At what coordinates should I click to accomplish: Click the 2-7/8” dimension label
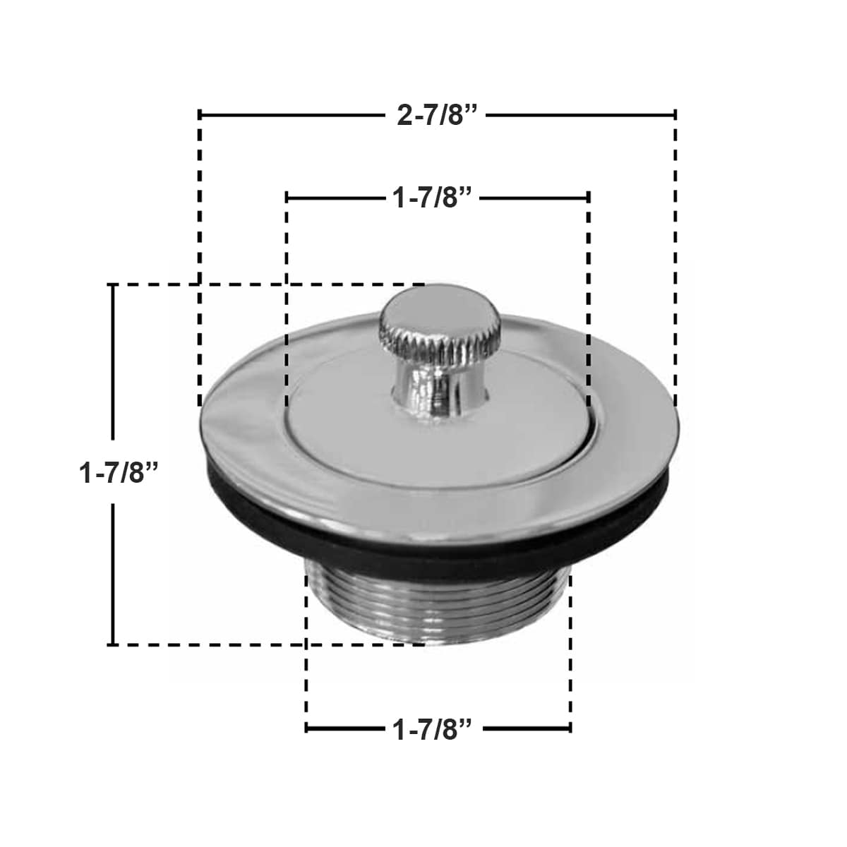(438, 115)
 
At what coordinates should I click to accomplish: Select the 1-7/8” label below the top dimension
(432, 198)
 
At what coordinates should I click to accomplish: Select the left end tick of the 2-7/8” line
(200, 114)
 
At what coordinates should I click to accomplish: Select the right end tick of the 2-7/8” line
(675, 114)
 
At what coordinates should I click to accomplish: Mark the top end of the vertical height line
(112, 284)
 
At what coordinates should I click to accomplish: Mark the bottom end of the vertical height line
(112, 644)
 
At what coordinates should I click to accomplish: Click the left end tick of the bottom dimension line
(306, 728)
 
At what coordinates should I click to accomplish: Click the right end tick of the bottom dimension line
(570, 728)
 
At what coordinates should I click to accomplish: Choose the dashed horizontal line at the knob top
(282, 284)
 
